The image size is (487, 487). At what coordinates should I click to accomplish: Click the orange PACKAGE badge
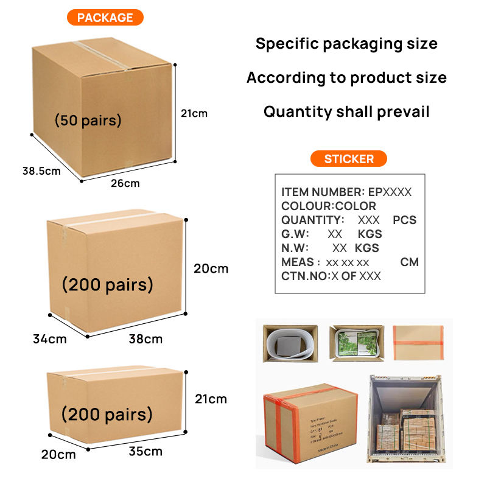[x=105, y=17]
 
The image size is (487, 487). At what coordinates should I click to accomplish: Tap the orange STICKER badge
[x=349, y=159]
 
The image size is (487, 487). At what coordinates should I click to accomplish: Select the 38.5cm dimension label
[x=41, y=171]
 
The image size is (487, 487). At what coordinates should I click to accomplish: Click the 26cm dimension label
[x=125, y=183]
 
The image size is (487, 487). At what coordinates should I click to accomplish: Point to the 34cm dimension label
[x=49, y=338]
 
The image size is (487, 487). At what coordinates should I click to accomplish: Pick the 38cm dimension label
[x=145, y=338]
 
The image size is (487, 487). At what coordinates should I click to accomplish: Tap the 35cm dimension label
[x=145, y=451]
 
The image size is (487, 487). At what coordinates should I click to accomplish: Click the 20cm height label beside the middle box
[x=211, y=268]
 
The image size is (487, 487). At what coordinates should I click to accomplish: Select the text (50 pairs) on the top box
[x=88, y=120]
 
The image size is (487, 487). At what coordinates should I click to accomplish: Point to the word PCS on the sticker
[x=405, y=220]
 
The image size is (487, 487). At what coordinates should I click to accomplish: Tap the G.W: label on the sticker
[x=295, y=234]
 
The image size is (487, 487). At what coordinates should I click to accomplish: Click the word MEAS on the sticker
[x=297, y=262]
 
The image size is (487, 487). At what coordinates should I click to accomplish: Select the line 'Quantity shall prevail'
[x=346, y=111]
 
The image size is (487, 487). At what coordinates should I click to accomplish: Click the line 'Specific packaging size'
[x=346, y=43]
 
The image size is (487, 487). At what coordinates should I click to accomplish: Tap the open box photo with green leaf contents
[x=356, y=343]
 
